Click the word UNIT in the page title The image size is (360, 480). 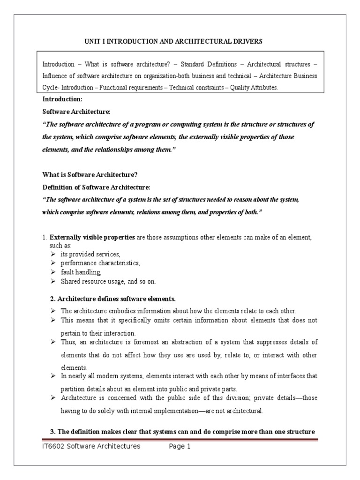92,42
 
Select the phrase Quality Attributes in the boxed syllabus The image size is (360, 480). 257,87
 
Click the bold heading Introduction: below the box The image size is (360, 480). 62,99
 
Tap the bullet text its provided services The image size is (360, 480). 90,254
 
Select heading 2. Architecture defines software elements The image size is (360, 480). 112,299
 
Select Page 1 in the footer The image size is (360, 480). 180,446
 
